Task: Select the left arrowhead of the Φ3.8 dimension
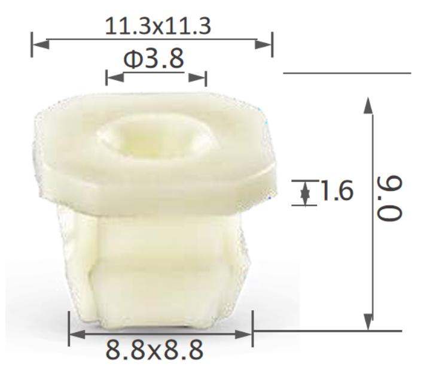[x=114, y=77]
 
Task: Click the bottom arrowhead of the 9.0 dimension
[x=369, y=321]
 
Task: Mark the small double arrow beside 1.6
[x=306, y=193]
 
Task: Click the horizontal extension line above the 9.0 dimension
[x=347, y=74]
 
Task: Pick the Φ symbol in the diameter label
[x=132, y=59]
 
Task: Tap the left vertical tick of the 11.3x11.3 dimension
[x=32, y=44]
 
